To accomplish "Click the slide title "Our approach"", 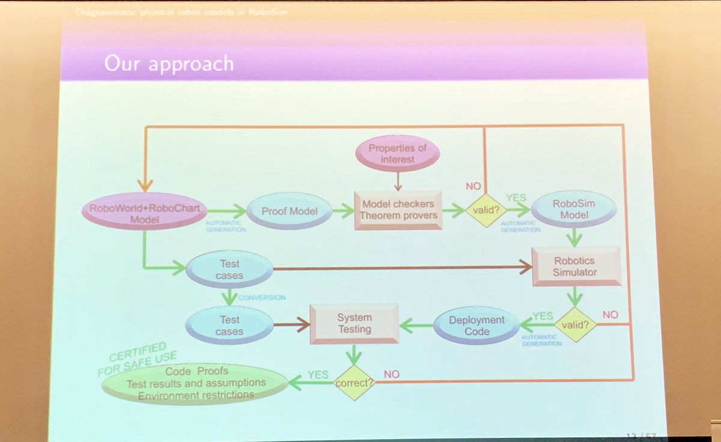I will pyautogui.click(x=169, y=63).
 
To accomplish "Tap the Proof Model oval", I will pyautogui.click(x=288, y=211).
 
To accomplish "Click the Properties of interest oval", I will pyautogui.click(x=397, y=153).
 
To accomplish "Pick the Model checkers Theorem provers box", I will pyautogui.click(x=397, y=210).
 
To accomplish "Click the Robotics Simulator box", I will pyautogui.click(x=575, y=266).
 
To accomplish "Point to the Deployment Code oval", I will pyautogui.click(x=477, y=325).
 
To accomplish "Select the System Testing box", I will pyautogui.click(x=354, y=323).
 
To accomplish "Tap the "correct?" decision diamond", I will pyautogui.click(x=354, y=383).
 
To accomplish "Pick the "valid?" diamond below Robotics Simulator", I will pyautogui.click(x=576, y=324).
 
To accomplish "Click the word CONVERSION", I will pyautogui.click(x=261, y=297).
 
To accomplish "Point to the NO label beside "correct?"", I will pyautogui.click(x=392, y=374).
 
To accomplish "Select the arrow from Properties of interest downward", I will pyautogui.click(x=397, y=178).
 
